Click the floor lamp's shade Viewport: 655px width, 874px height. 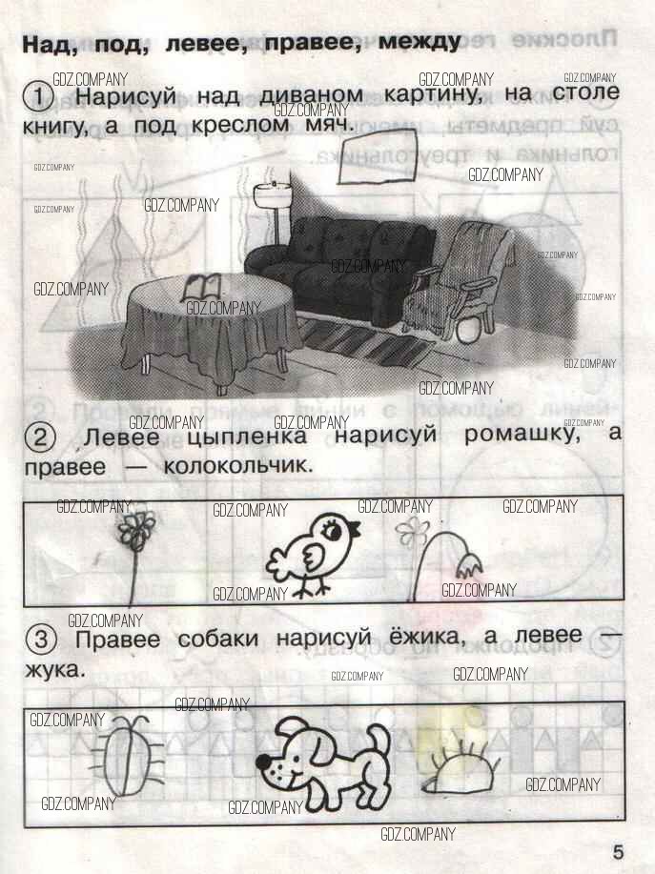coord(272,194)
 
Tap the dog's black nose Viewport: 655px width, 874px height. coord(263,761)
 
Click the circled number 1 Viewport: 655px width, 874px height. coord(38,97)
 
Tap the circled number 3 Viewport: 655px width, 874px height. coord(41,640)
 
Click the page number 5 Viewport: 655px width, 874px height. coord(618,852)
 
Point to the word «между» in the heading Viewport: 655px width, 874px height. coord(420,42)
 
